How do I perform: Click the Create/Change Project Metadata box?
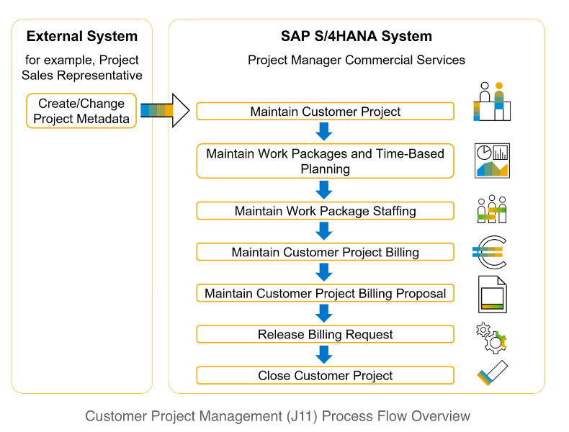click(x=81, y=111)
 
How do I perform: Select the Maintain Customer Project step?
click(x=325, y=112)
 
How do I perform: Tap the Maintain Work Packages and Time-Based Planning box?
click(x=325, y=161)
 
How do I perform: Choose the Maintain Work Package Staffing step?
click(x=325, y=211)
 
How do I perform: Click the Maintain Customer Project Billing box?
click(x=325, y=252)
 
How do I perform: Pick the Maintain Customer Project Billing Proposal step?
click(x=325, y=293)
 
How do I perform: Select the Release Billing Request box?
click(x=325, y=334)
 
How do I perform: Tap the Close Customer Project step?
click(x=325, y=375)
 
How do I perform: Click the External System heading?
click(x=81, y=36)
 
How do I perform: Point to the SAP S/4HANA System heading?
click(x=357, y=36)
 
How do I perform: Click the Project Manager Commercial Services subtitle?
click(x=357, y=60)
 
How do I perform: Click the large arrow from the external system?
click(x=165, y=111)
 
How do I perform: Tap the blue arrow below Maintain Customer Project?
click(x=324, y=131)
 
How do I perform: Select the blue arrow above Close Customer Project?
click(x=324, y=354)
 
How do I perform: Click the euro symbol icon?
click(x=490, y=251)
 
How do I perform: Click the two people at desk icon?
click(x=492, y=102)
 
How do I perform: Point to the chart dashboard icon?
click(x=492, y=160)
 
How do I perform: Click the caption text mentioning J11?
click(x=277, y=416)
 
